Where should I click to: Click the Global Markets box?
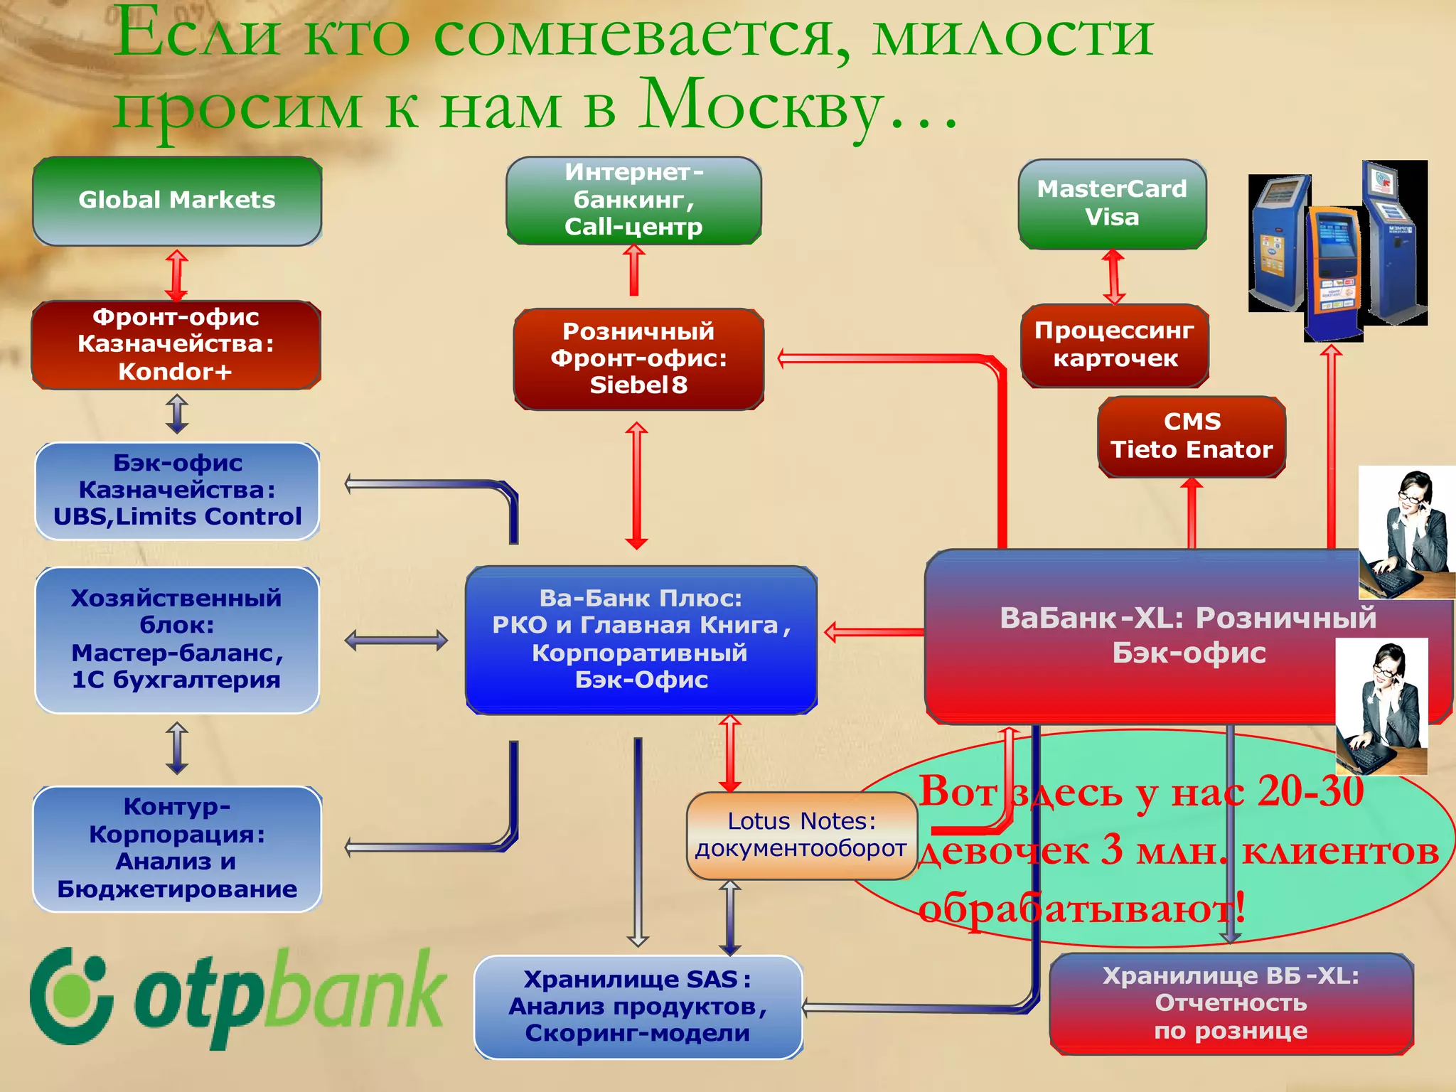[177, 201]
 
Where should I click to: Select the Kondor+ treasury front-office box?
[176, 345]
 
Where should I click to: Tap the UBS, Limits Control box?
[177, 491]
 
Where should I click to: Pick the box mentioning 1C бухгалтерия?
[177, 640]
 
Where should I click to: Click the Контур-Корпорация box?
[177, 848]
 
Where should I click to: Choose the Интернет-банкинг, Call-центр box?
[633, 200]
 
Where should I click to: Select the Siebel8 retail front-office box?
[638, 359]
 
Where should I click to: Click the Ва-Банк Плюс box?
[641, 640]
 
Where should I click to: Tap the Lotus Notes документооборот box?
[801, 835]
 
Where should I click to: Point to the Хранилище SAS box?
[638, 1007]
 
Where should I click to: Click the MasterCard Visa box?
[1112, 203]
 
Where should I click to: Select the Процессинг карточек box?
[1115, 346]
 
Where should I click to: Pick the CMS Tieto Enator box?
[1192, 437]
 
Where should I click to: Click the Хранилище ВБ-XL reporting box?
[1231, 1004]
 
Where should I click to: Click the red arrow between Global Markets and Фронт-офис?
[176, 274]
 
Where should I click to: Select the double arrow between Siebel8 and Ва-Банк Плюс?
[636, 486]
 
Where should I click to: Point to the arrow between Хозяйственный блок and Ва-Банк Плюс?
[396, 641]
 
